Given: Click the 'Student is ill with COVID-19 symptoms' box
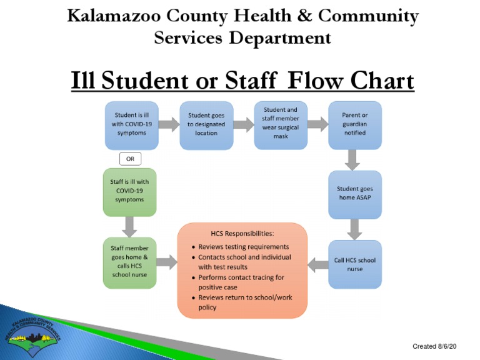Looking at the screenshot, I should tap(131, 124).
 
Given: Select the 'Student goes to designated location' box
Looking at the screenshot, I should tap(206, 125).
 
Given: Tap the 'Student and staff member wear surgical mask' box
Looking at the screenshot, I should tap(281, 125).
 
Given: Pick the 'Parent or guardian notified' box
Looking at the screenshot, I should tap(355, 124).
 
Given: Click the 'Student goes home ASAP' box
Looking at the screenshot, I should tap(355, 194).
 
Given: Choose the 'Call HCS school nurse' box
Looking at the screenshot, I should tap(355, 264).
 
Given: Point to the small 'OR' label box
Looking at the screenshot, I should tap(130, 159).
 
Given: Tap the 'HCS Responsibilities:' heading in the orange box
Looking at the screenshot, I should tap(243, 234).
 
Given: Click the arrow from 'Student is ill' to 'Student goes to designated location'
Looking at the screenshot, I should tap(168, 125).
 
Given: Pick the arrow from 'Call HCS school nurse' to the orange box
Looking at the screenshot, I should tap(319, 264).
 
